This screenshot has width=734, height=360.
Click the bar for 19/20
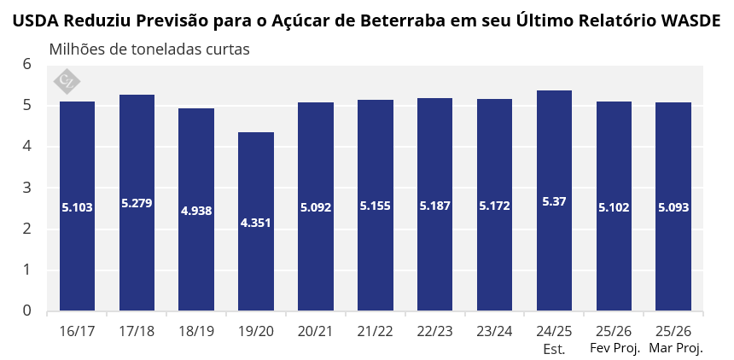(x=256, y=222)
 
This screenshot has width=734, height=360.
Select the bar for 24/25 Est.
(x=554, y=200)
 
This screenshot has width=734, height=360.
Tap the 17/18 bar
(x=137, y=203)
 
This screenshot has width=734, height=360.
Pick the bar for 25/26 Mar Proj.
(x=673, y=206)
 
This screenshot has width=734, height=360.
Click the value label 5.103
(x=77, y=207)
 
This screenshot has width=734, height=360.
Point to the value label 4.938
(x=196, y=211)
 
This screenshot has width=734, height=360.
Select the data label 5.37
(x=554, y=202)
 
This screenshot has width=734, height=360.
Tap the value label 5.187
(x=435, y=206)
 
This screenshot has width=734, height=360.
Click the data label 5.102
(x=614, y=207)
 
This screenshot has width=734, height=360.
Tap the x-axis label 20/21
(x=316, y=332)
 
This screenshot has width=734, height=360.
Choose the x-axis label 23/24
(x=494, y=332)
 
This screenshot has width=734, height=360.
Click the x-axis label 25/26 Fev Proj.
(x=614, y=340)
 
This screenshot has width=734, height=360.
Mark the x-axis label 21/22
(x=375, y=332)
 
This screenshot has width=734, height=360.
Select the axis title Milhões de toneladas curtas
(x=149, y=49)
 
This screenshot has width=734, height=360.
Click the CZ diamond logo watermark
(x=67, y=81)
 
